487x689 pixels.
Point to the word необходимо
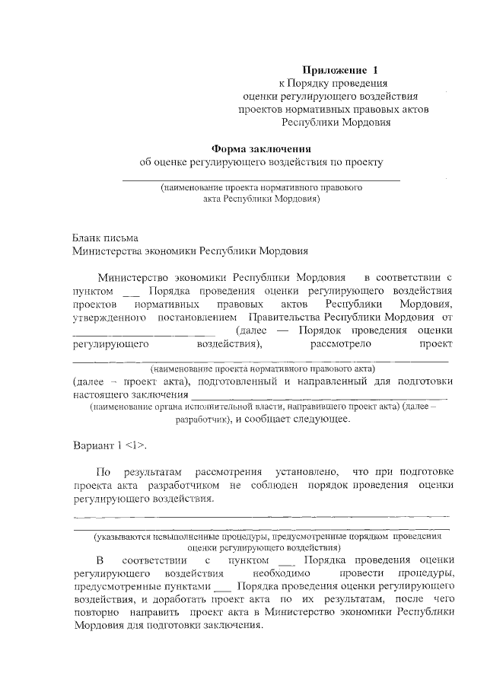pyautogui.click(x=281, y=573)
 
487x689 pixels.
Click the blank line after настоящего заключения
pyautogui.click(x=319, y=397)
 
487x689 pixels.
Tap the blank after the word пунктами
pyautogui.click(x=222, y=588)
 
